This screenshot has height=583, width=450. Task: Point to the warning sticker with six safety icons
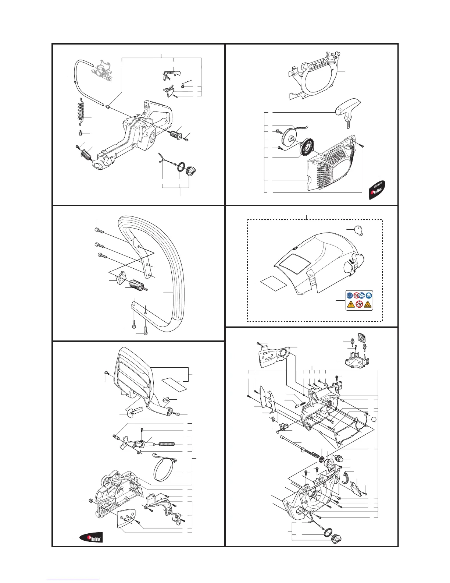pos(359,300)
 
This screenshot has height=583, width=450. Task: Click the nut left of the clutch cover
pos(90,501)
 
